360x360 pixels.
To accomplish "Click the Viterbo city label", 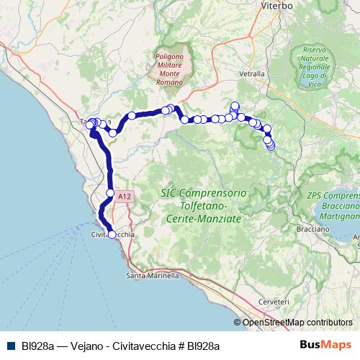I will [x=276, y=5].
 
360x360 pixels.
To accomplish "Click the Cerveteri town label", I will [x=274, y=301].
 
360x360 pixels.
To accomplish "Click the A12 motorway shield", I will [x=125, y=195].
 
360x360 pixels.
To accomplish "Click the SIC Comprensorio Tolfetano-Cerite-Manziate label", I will [x=204, y=204].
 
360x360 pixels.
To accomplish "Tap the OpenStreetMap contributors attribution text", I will [x=297, y=322].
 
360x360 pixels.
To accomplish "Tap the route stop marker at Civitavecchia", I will [x=112, y=234].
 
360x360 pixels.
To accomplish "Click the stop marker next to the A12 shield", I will [x=110, y=193].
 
